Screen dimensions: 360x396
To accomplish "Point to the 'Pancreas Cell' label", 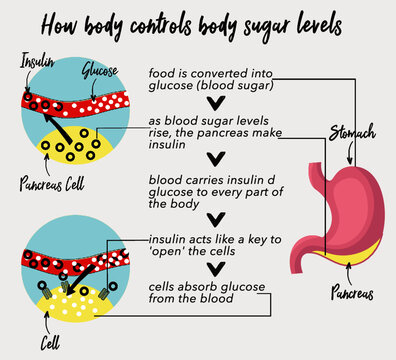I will tap(51, 184).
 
